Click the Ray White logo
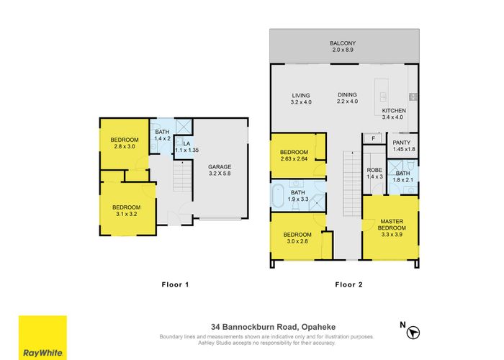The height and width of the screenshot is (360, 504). [42, 338]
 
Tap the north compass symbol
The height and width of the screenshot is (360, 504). [413, 332]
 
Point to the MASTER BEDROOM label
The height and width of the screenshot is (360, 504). [392, 225]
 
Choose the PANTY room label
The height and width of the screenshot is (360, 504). [401, 146]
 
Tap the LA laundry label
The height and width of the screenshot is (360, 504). [186, 148]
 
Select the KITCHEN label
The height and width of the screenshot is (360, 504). [394, 114]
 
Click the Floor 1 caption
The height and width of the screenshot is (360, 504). [174, 284]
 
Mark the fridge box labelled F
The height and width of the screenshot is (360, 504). [372, 138]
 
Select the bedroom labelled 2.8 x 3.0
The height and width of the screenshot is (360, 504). [124, 143]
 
